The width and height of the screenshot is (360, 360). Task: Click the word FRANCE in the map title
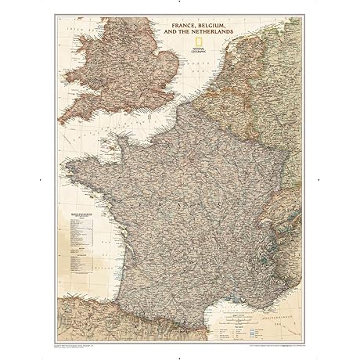click(179, 27)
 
